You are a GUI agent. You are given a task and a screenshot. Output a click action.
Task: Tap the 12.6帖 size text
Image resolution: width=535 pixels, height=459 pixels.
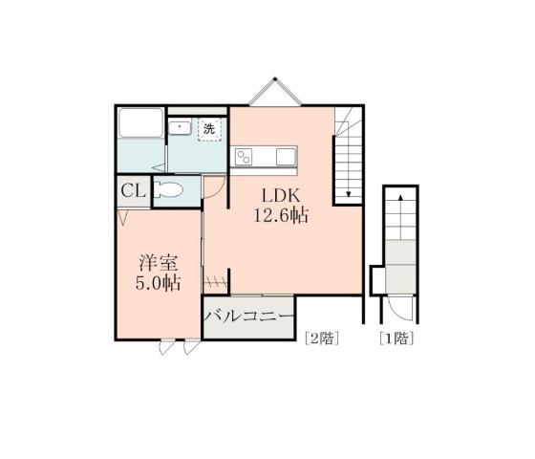pos(279,216)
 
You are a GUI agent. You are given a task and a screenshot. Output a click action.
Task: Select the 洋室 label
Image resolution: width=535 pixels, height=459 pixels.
pos(158,262)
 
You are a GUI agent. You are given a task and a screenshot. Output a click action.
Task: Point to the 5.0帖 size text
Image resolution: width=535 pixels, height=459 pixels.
pos(158,283)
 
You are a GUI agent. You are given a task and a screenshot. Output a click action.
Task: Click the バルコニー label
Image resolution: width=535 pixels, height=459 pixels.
pos(247,317)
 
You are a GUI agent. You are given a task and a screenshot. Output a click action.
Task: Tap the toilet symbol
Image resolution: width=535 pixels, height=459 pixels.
pos(168,189)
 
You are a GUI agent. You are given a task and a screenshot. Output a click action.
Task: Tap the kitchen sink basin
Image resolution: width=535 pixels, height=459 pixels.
pos(285,156)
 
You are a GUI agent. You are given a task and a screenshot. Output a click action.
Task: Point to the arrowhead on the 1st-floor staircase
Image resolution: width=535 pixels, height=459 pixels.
pos(400,194)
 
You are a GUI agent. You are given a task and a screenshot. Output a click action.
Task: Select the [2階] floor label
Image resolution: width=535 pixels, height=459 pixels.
pos(320,337)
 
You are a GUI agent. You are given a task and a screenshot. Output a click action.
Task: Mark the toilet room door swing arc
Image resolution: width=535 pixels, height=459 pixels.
pos(215,190)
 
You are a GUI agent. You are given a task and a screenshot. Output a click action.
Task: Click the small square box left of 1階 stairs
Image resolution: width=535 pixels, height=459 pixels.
pos(377,278)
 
